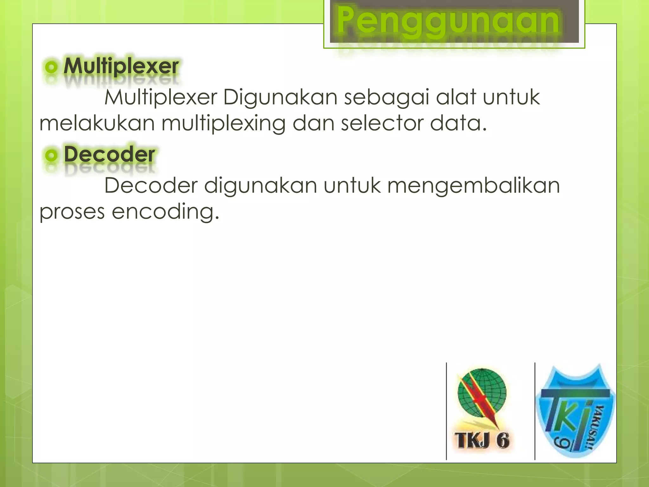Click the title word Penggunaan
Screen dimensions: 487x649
448,21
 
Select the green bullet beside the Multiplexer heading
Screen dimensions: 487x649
51,67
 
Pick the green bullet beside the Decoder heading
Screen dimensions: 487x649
51,155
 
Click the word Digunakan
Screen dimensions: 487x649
280,97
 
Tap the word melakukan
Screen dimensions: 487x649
97,123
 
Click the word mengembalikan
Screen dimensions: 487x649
473,186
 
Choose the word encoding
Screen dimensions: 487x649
165,212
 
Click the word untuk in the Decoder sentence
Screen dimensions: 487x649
352,185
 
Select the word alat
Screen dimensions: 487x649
456,97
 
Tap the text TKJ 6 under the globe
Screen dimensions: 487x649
482,440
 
